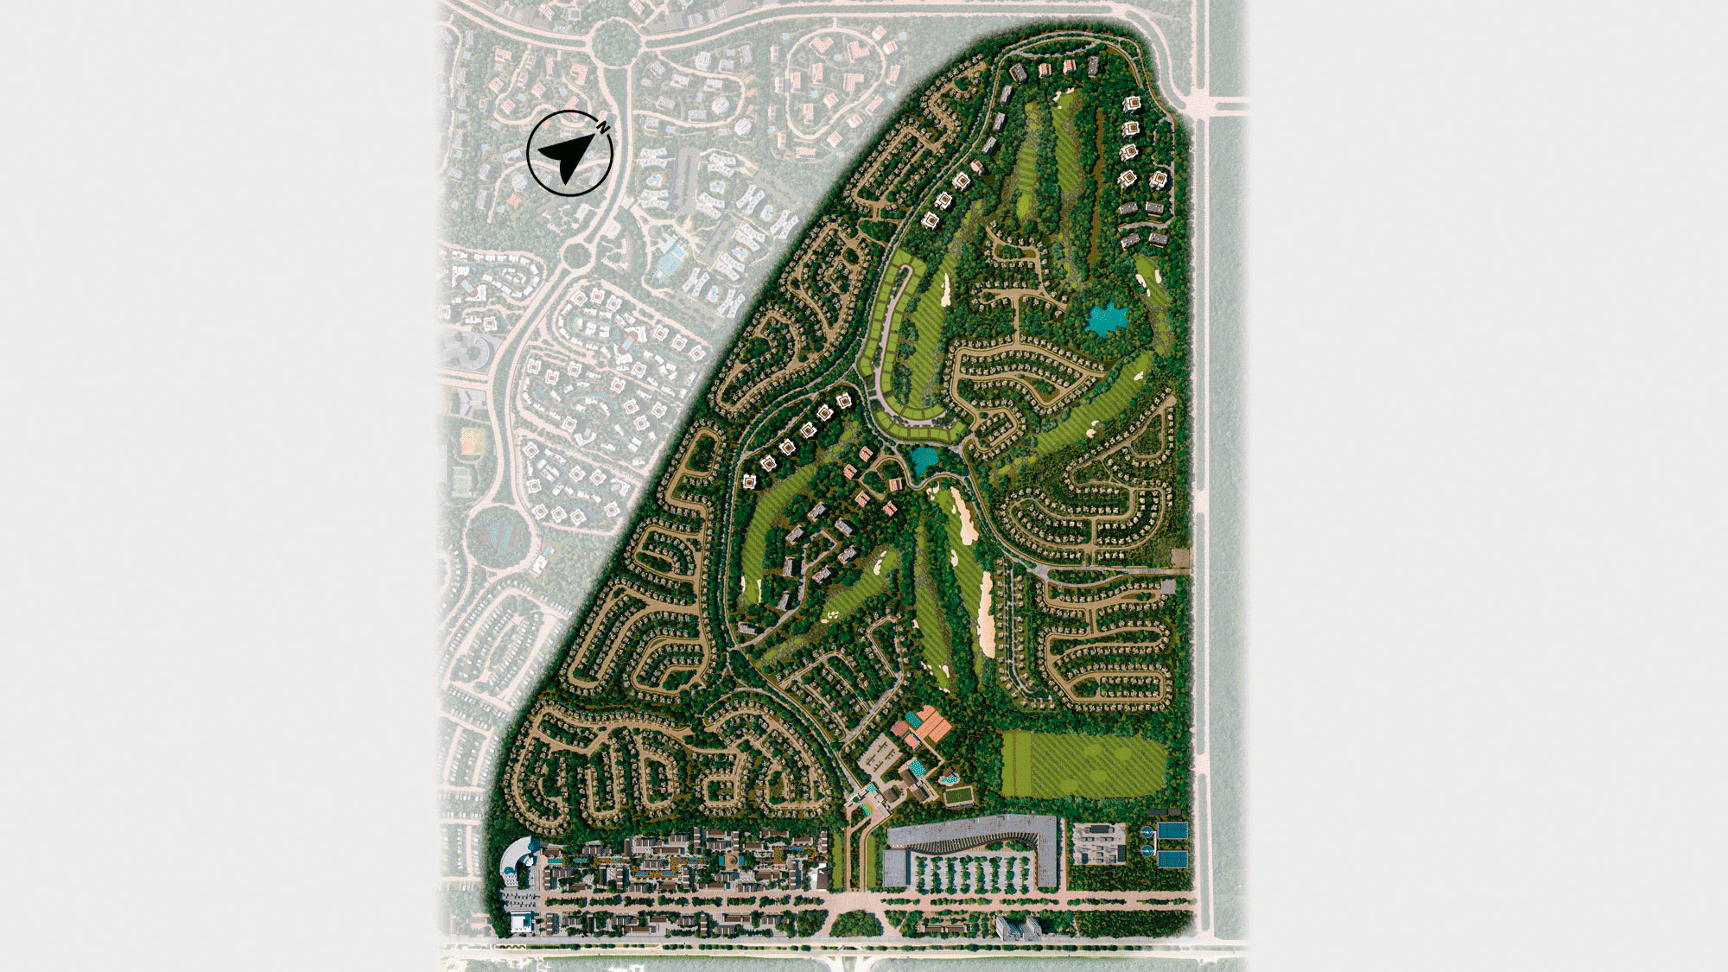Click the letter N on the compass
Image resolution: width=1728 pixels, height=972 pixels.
[604, 128]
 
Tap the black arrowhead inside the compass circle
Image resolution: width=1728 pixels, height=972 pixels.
[566, 156]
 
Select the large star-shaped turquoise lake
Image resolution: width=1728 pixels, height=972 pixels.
[1103, 320]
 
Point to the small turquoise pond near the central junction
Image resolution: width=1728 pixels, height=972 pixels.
[924, 459]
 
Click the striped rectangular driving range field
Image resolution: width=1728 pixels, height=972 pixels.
[1083, 765]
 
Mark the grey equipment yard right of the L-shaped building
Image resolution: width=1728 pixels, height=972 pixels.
[1099, 843]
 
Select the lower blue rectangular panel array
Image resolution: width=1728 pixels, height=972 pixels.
[1173, 860]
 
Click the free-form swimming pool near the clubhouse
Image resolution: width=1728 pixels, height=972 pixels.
[948, 777]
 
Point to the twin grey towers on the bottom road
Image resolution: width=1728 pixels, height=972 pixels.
[1019, 929]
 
